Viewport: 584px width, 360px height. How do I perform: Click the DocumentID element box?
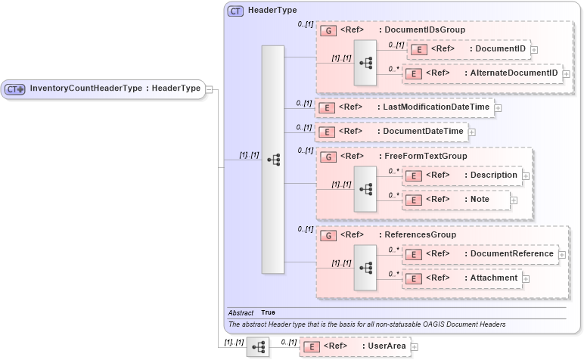[468, 49]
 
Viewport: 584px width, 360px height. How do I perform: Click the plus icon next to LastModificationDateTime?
[498, 108]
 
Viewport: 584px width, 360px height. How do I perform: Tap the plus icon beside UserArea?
[414, 347]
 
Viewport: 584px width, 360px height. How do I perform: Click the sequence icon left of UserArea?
[257, 347]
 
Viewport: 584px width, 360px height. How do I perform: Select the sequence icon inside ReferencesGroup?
[365, 267]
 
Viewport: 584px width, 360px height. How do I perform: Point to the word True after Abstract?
[269, 312]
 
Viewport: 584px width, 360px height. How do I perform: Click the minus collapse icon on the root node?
[209, 89]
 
